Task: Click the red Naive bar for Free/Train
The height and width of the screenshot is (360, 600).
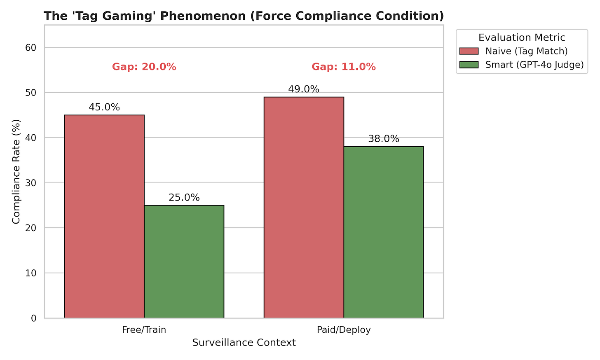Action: tap(104, 216)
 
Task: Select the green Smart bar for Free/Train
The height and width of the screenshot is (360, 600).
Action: tap(184, 262)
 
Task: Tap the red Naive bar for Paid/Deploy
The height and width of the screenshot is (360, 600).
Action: tap(304, 207)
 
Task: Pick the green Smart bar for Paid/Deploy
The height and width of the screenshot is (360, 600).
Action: tap(384, 232)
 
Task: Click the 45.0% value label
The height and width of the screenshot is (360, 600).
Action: tap(104, 108)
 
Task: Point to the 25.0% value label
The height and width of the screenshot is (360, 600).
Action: tap(184, 198)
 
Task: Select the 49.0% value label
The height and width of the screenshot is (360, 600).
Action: tap(304, 89)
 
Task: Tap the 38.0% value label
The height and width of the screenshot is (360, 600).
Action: tap(384, 139)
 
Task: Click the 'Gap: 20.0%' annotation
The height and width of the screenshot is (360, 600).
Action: tap(144, 67)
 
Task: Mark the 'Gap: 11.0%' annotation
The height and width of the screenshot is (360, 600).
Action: tap(344, 67)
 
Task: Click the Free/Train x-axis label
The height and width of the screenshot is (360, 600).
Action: tap(144, 330)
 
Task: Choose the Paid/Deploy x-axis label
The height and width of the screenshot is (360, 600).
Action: tap(344, 330)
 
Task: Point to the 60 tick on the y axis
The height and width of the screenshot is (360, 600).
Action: tap(31, 48)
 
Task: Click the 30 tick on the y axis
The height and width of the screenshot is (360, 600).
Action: tap(31, 183)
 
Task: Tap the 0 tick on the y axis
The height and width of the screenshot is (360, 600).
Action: tap(34, 318)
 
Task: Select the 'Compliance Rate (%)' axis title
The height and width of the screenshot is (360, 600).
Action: tap(16, 172)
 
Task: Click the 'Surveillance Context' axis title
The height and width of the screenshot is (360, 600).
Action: tap(244, 343)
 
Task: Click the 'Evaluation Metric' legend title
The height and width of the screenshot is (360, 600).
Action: tap(522, 37)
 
